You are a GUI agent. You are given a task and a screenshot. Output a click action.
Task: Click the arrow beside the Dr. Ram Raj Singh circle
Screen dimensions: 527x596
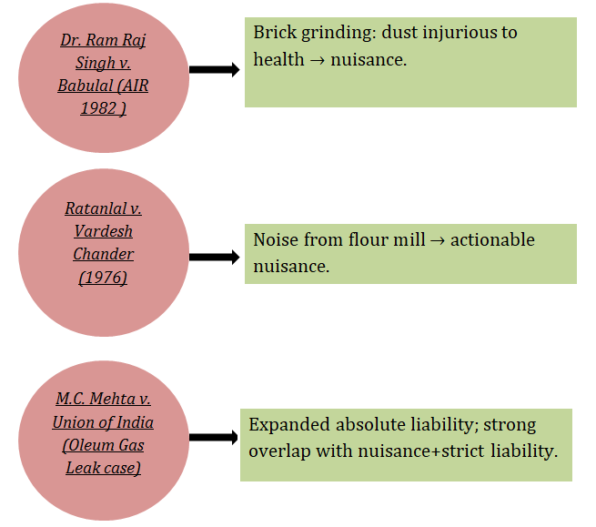tap(214, 68)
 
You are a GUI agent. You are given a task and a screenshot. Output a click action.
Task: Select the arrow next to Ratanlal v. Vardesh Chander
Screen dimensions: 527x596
tap(214, 258)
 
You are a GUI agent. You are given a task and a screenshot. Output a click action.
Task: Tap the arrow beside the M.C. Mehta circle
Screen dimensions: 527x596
tap(214, 437)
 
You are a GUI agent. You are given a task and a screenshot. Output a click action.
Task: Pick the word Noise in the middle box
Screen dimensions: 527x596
tap(275, 240)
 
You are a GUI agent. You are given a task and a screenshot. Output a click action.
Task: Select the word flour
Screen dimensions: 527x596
tap(370, 240)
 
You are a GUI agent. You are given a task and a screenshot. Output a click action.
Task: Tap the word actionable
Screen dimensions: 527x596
tap(490, 240)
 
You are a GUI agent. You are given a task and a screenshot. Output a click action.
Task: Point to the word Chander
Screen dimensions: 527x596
tap(103, 254)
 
